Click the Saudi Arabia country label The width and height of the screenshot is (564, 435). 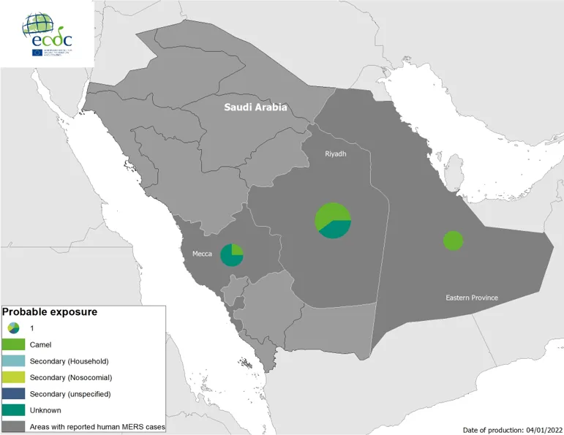255,107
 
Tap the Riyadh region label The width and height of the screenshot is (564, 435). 336,154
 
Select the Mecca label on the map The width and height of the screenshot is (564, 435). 202,254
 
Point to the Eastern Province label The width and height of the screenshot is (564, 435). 473,298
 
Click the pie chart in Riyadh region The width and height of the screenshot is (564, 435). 334,219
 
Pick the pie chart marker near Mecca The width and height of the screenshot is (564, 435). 232,255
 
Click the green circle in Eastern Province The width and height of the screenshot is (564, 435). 453,241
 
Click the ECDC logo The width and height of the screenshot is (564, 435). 48,32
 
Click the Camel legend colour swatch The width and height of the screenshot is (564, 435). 14,344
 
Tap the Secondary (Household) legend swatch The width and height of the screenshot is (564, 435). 14,360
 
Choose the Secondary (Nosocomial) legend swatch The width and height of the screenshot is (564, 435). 14,377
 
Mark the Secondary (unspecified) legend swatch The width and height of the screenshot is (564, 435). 14,394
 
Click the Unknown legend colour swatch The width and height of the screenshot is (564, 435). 14,410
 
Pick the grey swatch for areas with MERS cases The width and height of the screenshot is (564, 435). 14,426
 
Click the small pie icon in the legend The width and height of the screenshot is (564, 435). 14,328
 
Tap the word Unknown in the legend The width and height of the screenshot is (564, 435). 45,410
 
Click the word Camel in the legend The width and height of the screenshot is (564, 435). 41,344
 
